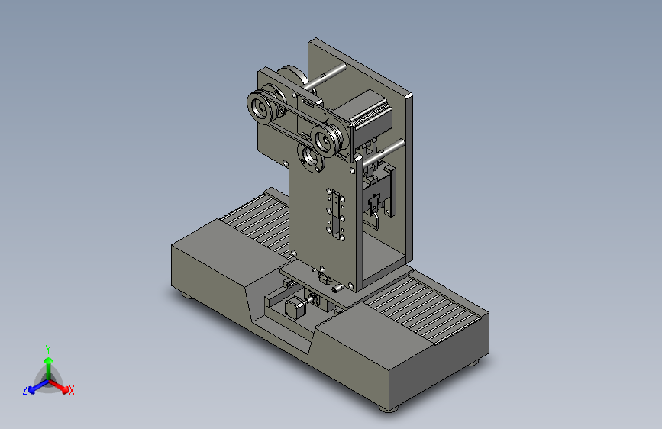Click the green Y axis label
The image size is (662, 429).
tap(48, 349)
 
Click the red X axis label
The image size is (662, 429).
tap(71, 390)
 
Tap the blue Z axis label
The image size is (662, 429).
tap(25, 390)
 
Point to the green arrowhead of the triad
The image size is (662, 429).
tap(49, 360)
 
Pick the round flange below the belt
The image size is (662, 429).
tap(312, 157)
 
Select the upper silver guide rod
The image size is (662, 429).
tap(325, 76)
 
